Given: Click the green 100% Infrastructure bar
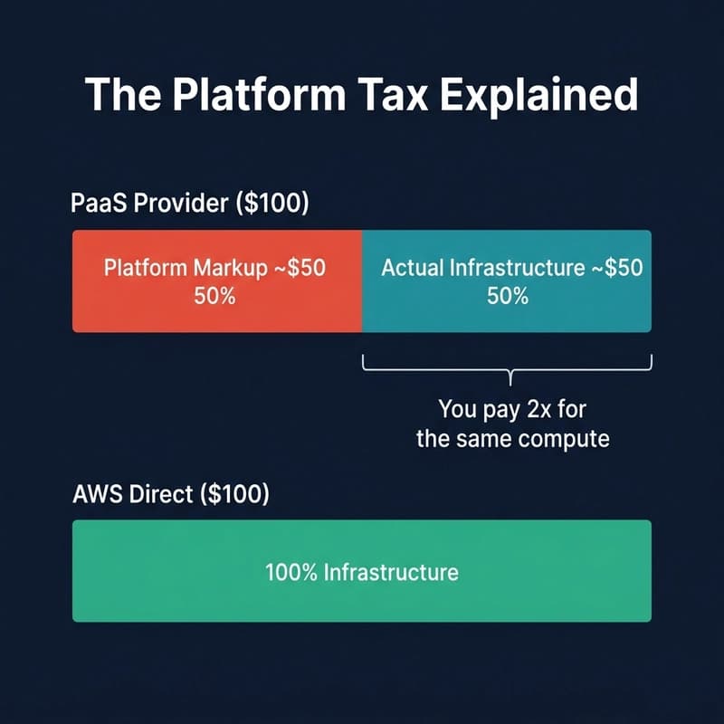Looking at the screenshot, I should pos(362,597).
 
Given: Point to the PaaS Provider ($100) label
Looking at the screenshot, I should pos(190,205).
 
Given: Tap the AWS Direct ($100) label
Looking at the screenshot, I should pos(171,495).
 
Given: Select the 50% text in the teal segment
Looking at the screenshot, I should pos(507,296).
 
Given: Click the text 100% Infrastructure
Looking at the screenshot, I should pos(362,572).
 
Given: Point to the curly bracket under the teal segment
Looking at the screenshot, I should pos(508,367).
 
